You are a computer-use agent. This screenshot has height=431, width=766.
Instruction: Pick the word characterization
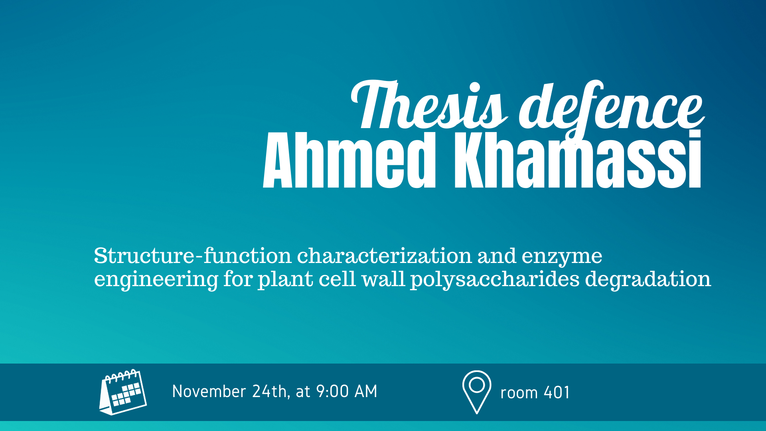click(x=385, y=255)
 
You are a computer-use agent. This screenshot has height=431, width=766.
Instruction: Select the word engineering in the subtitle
click(x=156, y=279)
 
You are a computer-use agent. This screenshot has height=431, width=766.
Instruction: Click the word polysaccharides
click(x=495, y=279)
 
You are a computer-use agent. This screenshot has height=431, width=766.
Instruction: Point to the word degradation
click(x=648, y=279)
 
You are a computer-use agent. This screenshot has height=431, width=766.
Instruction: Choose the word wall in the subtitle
click(x=383, y=279)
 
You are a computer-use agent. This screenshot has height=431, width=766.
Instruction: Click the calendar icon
click(x=123, y=392)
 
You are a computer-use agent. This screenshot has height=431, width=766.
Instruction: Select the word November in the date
click(x=209, y=391)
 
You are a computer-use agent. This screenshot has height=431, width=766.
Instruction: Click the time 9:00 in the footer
click(x=332, y=391)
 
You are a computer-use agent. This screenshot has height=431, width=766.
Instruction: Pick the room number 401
click(x=557, y=393)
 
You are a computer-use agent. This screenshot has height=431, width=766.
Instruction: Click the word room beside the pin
click(x=519, y=394)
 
